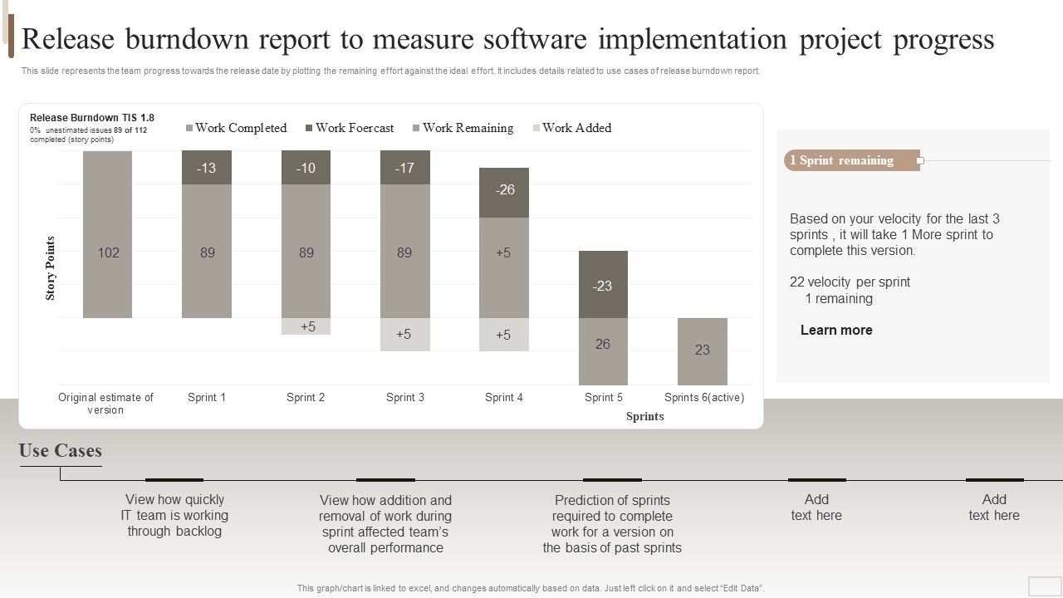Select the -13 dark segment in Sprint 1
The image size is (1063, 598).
207,167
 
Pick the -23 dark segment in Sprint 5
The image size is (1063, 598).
603,285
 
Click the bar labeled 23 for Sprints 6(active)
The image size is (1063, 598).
703,350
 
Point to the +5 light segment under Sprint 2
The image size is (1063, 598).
306,326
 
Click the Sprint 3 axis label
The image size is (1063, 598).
405,397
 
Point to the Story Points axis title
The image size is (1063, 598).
51,267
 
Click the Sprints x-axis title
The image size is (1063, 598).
644,416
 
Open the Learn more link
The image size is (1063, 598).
836,330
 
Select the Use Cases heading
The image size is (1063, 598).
61,451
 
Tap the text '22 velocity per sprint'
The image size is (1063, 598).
850,282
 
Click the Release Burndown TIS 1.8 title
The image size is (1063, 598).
92,118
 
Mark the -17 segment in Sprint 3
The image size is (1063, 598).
405,167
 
